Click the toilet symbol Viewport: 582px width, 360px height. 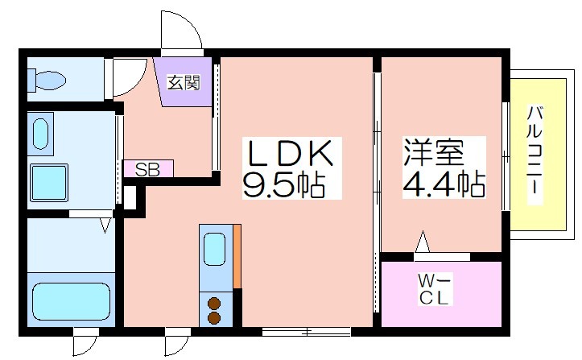[47, 80]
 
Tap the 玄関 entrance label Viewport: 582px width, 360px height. [184, 82]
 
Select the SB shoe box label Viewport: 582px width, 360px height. [147, 169]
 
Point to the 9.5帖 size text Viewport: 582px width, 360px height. [284, 185]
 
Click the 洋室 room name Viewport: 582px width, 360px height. [434, 151]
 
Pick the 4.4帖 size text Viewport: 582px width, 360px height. [444, 184]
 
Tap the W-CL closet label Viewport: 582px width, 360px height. [434, 288]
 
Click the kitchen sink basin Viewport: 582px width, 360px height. [215, 249]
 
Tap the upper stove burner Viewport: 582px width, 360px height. [214, 304]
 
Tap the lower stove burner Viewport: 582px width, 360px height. [214, 317]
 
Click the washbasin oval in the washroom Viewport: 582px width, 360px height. [40, 134]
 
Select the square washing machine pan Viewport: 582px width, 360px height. [49, 182]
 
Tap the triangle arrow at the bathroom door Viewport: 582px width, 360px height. [105, 226]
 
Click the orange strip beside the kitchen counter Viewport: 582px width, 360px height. [237, 256]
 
